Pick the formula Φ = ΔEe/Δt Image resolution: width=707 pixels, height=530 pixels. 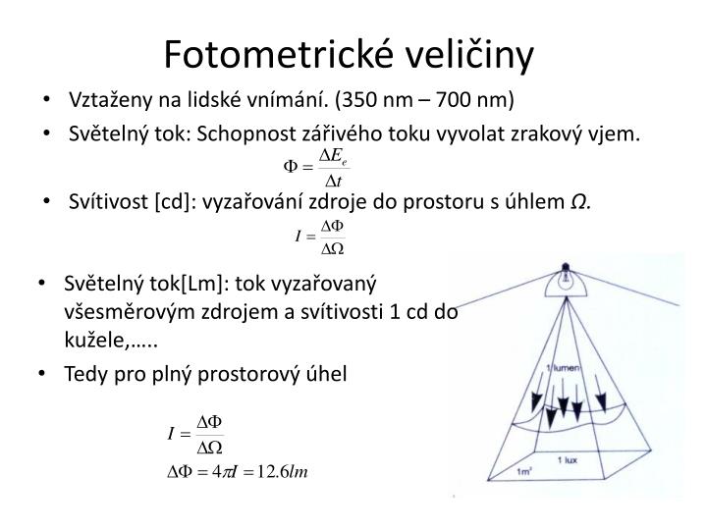point(316,168)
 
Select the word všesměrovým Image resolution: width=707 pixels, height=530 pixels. point(130,312)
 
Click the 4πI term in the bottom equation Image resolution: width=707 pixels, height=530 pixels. point(224,471)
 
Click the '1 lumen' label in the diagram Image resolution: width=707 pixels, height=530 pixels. point(563,368)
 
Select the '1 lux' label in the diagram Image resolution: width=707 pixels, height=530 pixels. point(567,459)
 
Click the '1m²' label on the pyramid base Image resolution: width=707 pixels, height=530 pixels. point(524,471)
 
